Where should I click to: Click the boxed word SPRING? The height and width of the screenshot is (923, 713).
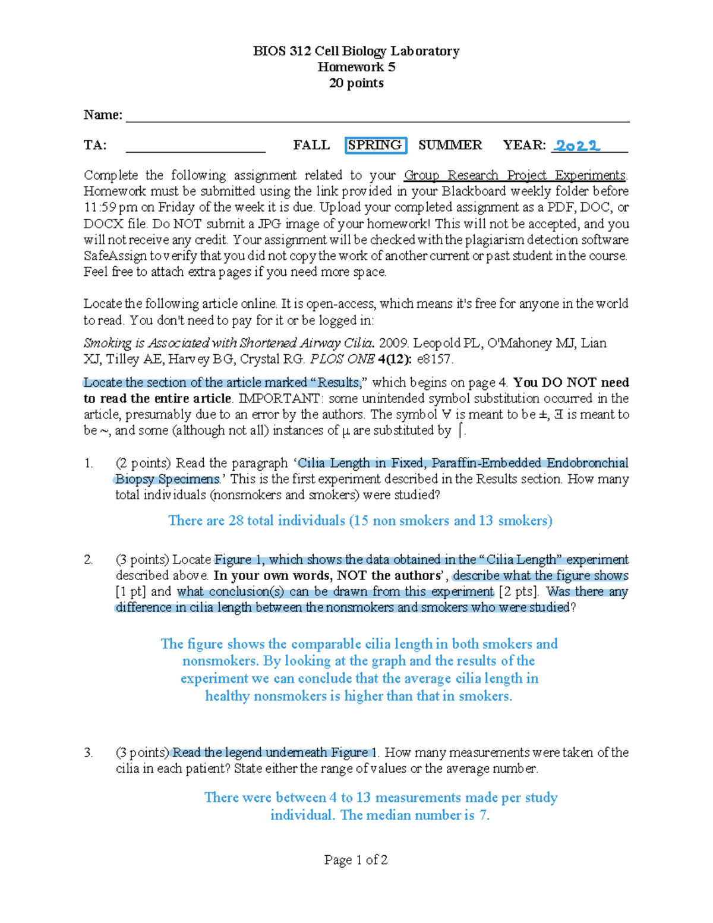coord(375,145)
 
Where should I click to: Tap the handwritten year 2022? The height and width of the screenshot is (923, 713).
coord(577,146)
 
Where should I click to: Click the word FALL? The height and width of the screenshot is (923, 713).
coord(311,145)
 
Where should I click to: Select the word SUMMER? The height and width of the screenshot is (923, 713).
coord(450,145)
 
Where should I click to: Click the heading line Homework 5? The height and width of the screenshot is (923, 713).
coord(356,67)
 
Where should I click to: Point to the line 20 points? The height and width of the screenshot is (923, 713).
coord(356,83)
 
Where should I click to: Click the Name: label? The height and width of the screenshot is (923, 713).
coord(103,115)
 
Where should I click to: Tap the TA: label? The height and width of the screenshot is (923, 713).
coord(95,145)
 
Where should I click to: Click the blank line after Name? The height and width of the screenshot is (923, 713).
coord(377,116)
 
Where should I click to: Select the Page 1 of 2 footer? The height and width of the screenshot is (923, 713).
coord(356,859)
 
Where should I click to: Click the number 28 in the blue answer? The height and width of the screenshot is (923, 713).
coord(236,521)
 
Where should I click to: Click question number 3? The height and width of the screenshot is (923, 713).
coord(89,752)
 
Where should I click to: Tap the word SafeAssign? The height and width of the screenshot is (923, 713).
coord(115,256)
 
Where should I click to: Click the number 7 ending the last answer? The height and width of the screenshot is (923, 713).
coord(484,815)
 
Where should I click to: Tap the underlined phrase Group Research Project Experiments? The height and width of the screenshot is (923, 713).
coord(515,175)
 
